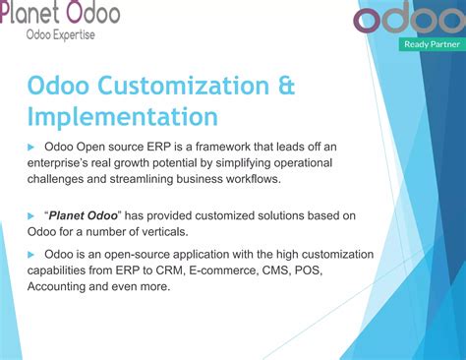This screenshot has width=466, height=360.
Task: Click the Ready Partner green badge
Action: pyautogui.click(x=430, y=44)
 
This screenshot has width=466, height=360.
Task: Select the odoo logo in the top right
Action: pyautogui.click(x=408, y=19)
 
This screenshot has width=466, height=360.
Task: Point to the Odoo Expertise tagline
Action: pyautogui.click(x=62, y=34)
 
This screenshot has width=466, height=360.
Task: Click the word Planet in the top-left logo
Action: pyautogui.click(x=30, y=13)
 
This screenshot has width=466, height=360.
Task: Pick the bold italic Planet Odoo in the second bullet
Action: pyautogui.click(x=86, y=214)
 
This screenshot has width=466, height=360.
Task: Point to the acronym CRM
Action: pyautogui.click(x=160, y=270)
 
